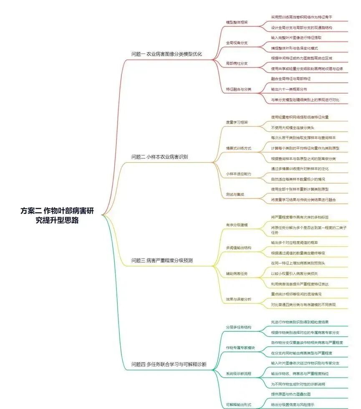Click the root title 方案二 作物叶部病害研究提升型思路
(57, 216)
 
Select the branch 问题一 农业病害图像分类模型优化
(167, 54)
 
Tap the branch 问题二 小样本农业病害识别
(160, 157)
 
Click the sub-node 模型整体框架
(237, 22)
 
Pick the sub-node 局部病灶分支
(237, 64)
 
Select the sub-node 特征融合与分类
(238, 89)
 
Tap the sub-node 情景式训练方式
(238, 148)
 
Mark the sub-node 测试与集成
(235, 194)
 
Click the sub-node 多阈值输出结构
(238, 248)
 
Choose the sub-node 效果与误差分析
(238, 299)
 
